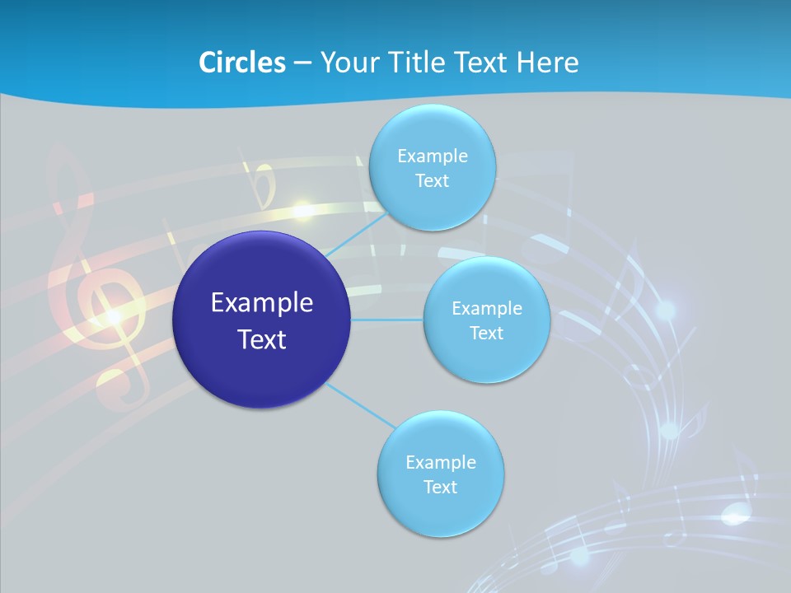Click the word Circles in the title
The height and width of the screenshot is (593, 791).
241,63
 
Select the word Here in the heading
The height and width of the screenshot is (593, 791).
547,63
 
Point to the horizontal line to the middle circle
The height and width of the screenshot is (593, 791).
386,319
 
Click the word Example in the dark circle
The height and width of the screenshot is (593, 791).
262,303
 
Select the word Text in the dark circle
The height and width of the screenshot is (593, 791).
262,339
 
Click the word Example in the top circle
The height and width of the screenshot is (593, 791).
433,156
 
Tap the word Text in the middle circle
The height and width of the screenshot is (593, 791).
486,333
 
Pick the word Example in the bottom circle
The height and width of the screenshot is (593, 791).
441,463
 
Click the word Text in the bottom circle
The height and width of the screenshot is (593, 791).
440,487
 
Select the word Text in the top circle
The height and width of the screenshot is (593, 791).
432,180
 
